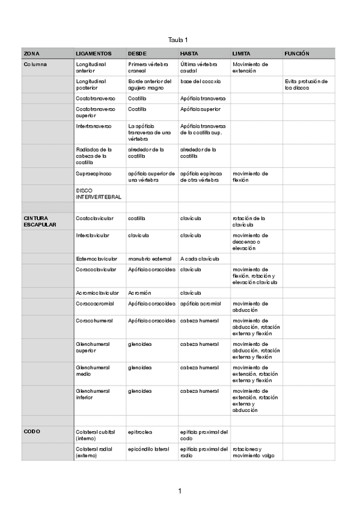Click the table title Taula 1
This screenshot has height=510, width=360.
tap(180, 39)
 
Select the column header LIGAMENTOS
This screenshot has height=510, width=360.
tap(93, 54)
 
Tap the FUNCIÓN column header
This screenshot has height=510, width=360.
tap(297, 54)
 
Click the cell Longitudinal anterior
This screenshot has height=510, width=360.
tap(91, 67)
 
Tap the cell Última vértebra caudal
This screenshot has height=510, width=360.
tap(198, 67)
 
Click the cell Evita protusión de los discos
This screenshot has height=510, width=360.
tap(307, 84)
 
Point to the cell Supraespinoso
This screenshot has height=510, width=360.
tap(94, 173)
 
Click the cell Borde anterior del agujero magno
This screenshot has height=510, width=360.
tap(150, 84)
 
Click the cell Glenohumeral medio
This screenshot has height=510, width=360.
tap(93, 370)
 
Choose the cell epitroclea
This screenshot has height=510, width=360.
tap(140, 431)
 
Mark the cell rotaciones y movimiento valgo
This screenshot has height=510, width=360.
tap(253, 452)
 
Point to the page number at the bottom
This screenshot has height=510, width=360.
tap(180, 491)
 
